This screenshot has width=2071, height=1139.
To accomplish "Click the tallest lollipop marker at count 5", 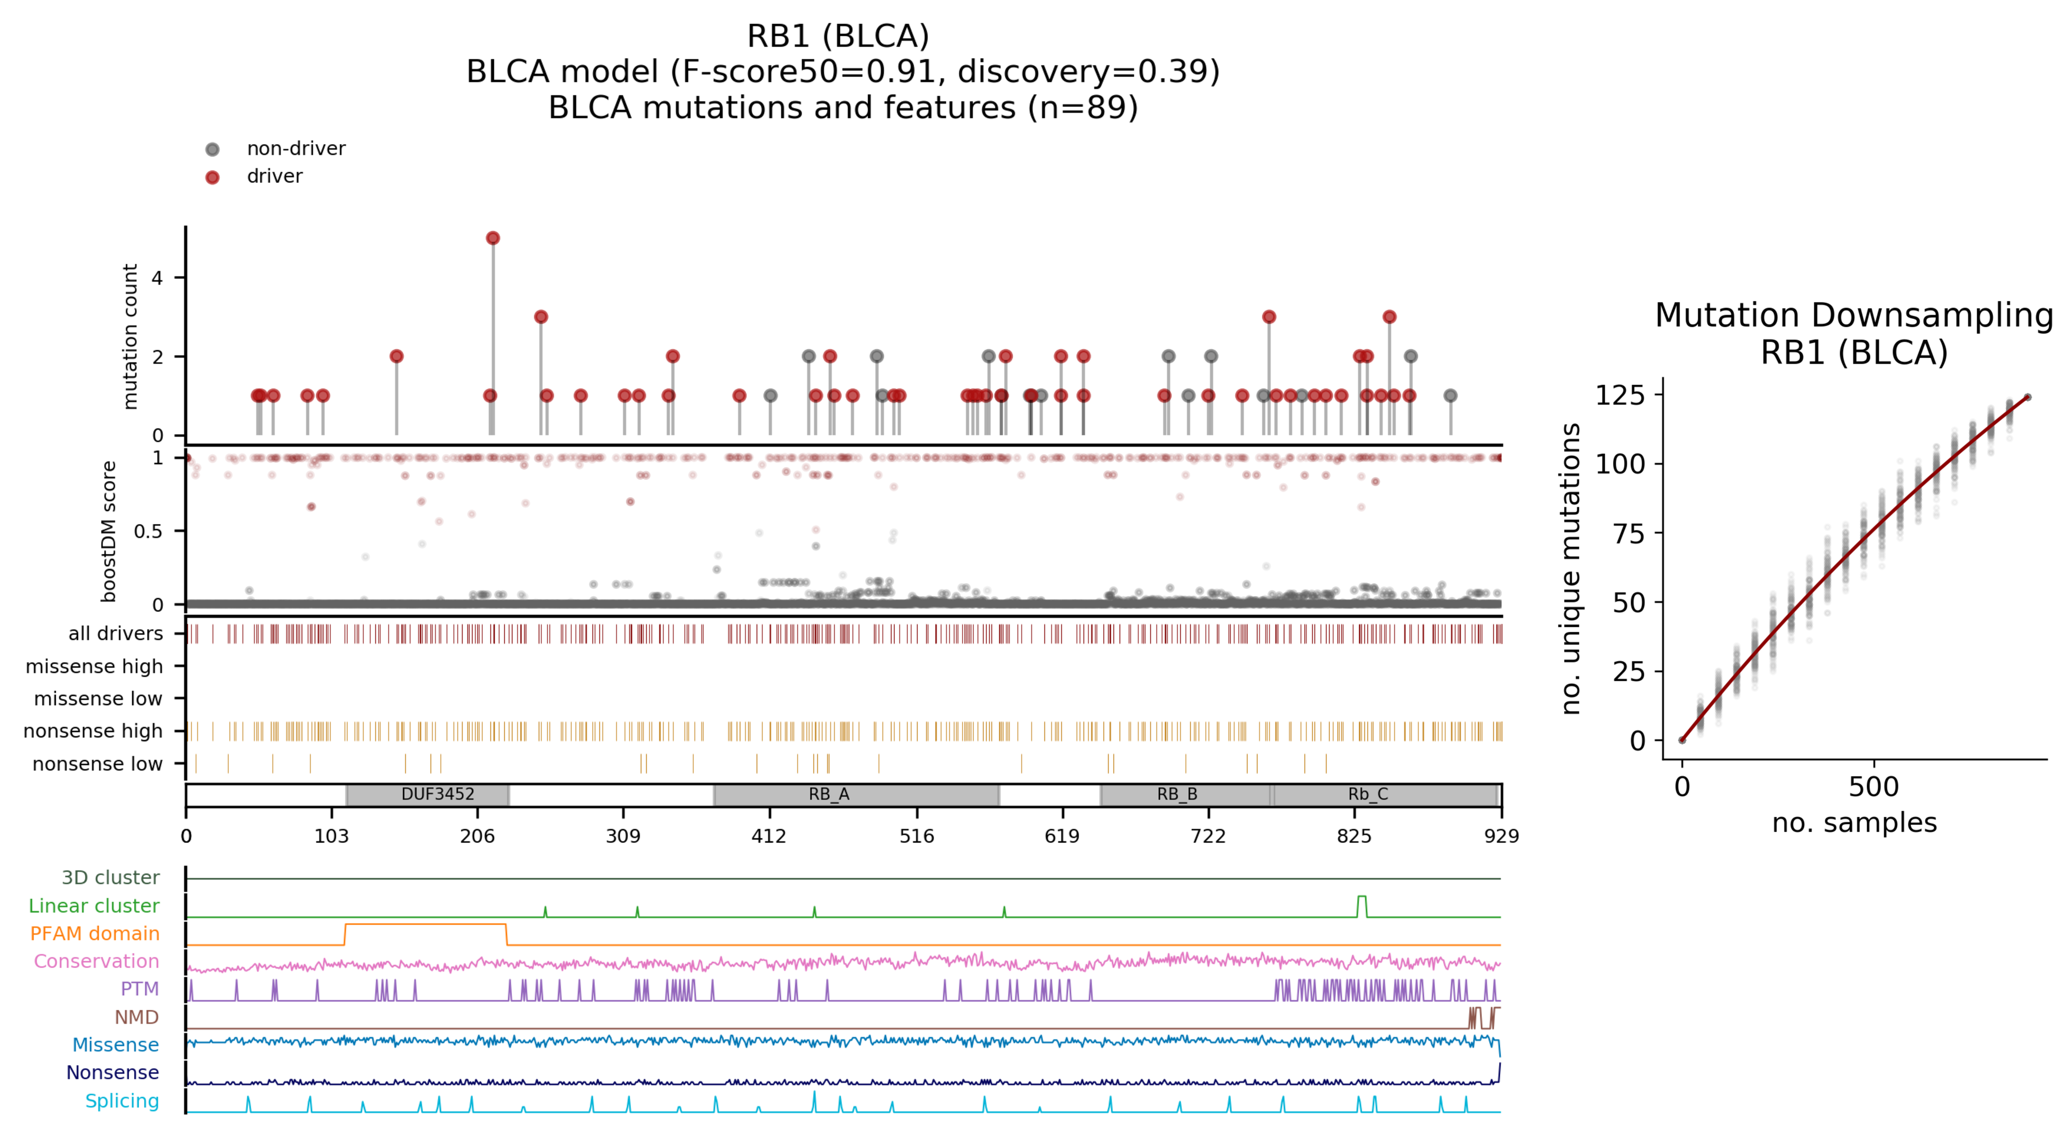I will click(x=493, y=238).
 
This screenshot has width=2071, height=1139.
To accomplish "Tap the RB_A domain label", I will click(x=829, y=795).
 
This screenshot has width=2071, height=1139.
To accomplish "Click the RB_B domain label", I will click(x=1177, y=795).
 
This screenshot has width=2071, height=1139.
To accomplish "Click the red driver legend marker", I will click(x=212, y=177).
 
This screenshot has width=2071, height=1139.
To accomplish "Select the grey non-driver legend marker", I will click(x=212, y=149).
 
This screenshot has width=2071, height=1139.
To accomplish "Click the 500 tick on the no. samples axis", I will click(x=1873, y=787).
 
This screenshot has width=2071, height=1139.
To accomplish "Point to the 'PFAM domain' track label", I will click(x=95, y=934).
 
